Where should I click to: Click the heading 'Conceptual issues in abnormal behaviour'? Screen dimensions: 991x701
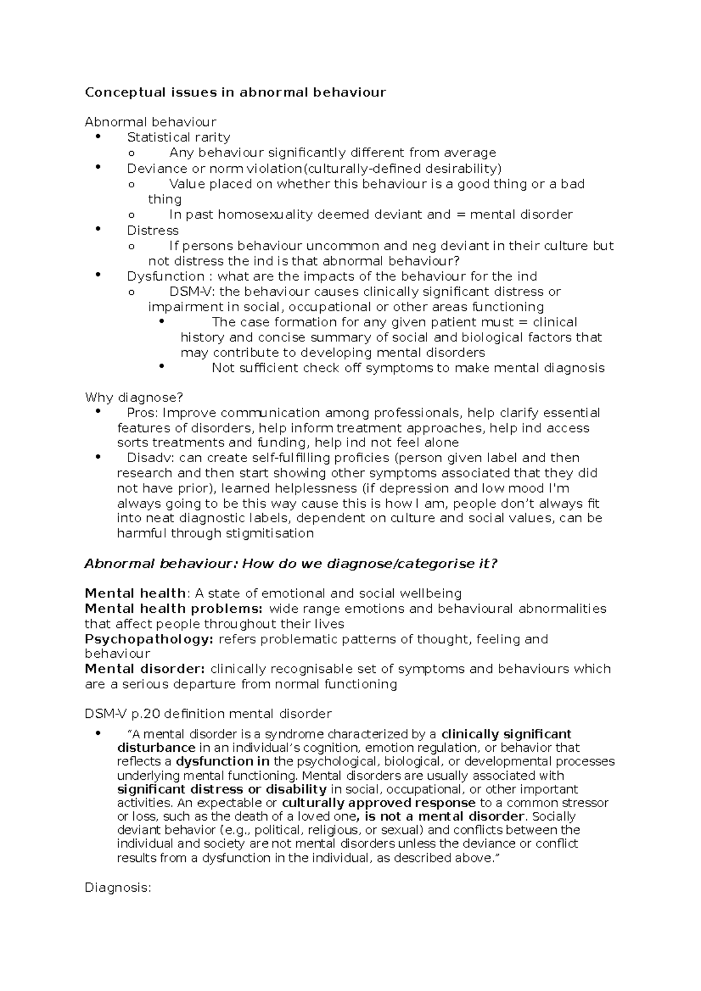pos(235,92)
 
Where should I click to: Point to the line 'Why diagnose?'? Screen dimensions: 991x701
pos(134,397)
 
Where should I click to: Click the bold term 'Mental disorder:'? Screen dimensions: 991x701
pos(145,669)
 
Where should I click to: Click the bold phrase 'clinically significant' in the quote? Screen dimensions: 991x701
pos(506,734)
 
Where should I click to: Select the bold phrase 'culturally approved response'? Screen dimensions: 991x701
pos(379,803)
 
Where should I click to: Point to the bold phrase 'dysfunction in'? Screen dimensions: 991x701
pos(223,762)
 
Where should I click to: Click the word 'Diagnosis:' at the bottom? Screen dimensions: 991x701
pos(118,888)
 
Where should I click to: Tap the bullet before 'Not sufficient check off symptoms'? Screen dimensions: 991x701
pos(162,367)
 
